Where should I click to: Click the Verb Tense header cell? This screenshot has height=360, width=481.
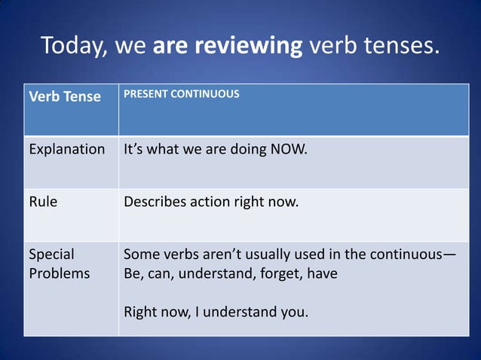(65, 97)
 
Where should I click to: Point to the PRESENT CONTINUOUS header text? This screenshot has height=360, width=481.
(182, 95)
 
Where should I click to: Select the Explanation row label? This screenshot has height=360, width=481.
(67, 149)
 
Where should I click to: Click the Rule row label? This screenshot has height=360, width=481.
(43, 202)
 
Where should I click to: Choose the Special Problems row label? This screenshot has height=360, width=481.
(59, 264)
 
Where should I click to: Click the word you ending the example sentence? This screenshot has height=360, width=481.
(294, 311)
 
